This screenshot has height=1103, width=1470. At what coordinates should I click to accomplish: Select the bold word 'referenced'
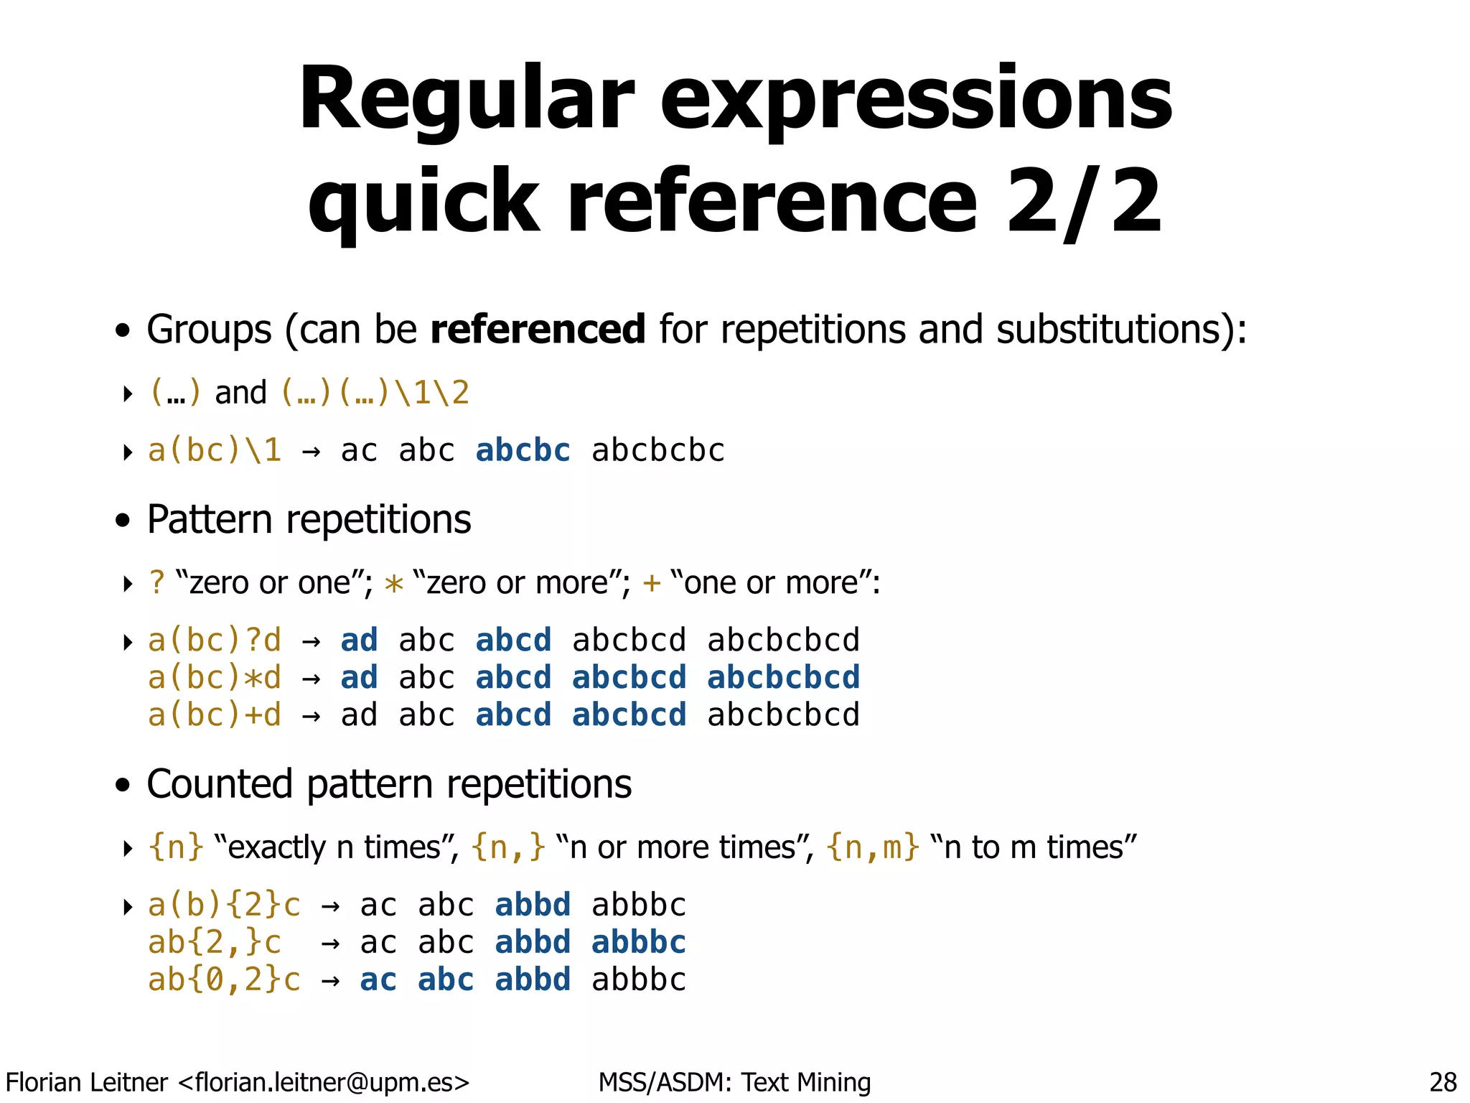538,330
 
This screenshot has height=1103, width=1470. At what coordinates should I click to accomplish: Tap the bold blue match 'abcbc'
523,451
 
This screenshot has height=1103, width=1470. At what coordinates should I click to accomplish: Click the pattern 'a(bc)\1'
214,451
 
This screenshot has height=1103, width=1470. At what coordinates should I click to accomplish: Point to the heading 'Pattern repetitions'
309,519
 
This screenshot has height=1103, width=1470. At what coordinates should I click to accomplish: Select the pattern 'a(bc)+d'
214,715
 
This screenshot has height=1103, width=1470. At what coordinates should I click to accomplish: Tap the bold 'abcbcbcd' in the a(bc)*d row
783,678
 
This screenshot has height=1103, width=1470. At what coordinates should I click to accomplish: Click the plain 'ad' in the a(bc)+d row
359,715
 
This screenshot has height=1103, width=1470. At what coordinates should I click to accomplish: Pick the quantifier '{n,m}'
872,847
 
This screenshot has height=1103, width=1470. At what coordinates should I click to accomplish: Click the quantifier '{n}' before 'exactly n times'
176,847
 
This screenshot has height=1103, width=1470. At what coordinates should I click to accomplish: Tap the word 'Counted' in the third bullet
220,784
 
